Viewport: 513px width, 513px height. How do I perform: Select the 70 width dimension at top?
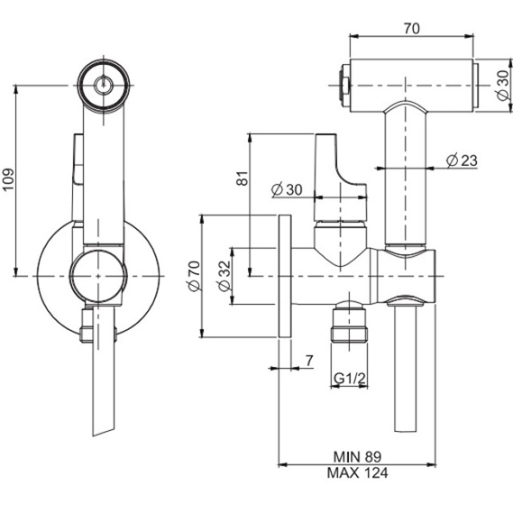pos(411,28)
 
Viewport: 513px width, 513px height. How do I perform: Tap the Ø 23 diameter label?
pos(461,160)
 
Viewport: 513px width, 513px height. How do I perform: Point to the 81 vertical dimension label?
pos(241,178)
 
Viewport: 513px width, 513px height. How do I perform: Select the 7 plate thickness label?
pos(308,361)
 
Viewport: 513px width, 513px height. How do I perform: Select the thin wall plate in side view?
pos(285,276)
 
